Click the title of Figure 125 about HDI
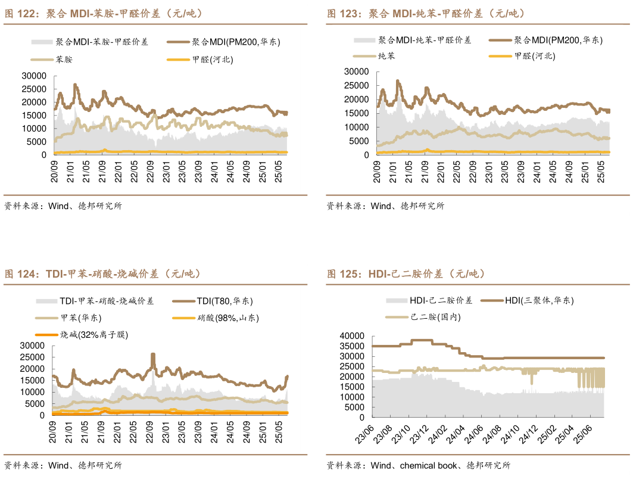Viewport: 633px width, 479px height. click(406, 274)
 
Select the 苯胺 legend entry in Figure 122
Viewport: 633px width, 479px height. click(64, 60)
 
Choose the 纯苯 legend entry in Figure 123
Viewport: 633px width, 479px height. click(386, 56)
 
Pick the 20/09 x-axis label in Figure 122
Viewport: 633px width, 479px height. click(55, 170)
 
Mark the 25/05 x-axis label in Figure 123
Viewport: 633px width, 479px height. click(601, 170)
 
